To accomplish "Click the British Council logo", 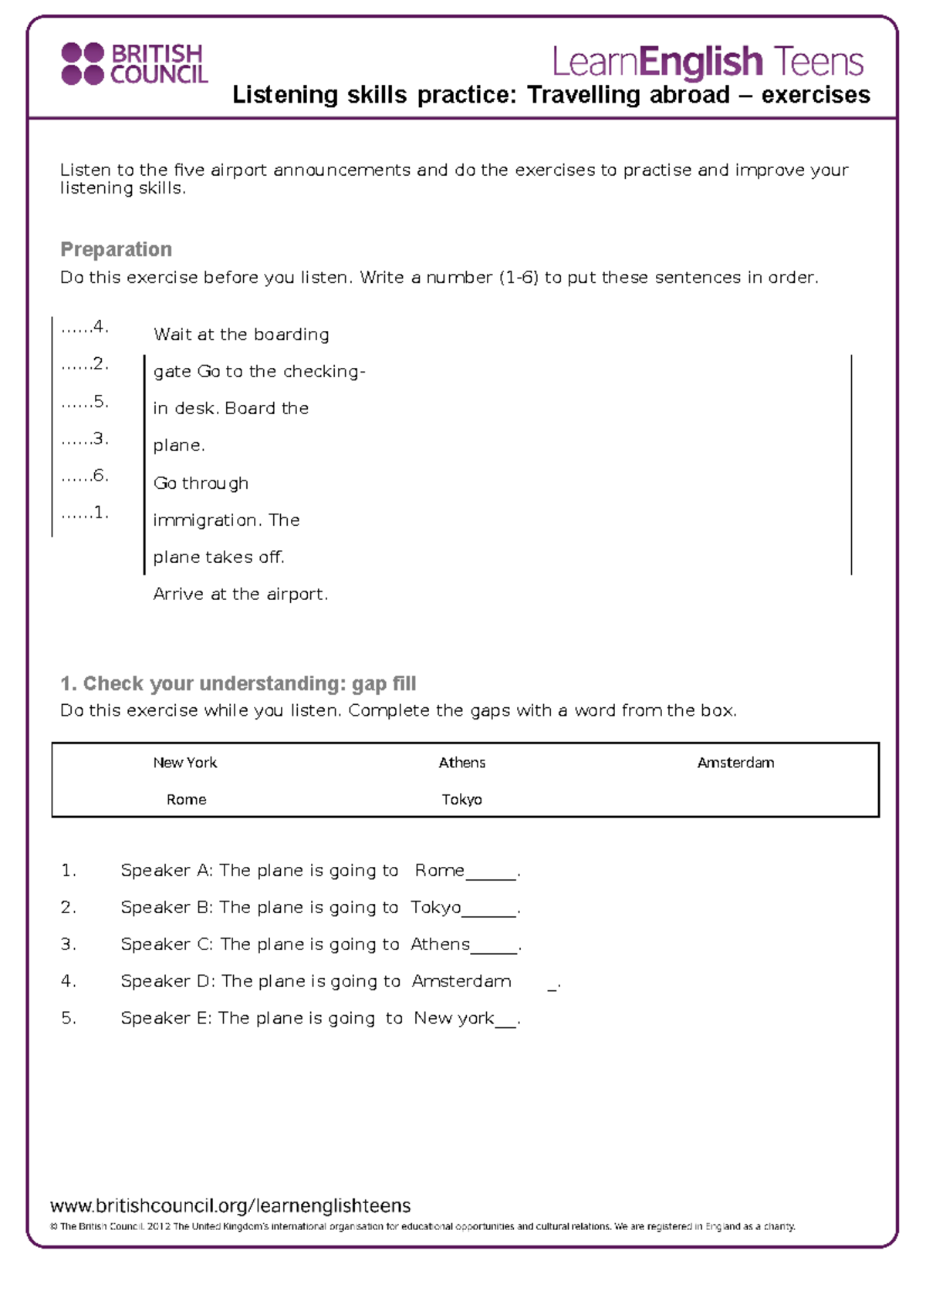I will (x=135, y=64).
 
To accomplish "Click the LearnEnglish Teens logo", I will (x=707, y=62).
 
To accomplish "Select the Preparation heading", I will (x=116, y=249).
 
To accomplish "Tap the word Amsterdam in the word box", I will (x=735, y=763).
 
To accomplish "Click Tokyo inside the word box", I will (x=461, y=800).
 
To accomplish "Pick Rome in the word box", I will (x=186, y=800).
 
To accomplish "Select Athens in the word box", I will (x=461, y=763).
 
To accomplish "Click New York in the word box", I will (x=185, y=763).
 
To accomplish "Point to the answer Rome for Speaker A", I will (x=439, y=871).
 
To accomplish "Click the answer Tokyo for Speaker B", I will (x=435, y=908).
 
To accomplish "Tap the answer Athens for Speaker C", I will (x=440, y=945).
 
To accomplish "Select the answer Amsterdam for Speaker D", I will (x=461, y=982).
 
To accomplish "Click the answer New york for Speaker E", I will (x=454, y=1019).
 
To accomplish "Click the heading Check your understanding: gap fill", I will (x=238, y=683).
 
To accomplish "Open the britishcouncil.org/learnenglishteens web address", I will (x=230, y=1205).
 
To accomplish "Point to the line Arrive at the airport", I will (x=240, y=594).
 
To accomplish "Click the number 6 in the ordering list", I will (x=99, y=475).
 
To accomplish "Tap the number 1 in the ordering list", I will (x=99, y=512).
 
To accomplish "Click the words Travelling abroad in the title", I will (x=628, y=95).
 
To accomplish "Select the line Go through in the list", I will (x=201, y=484).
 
